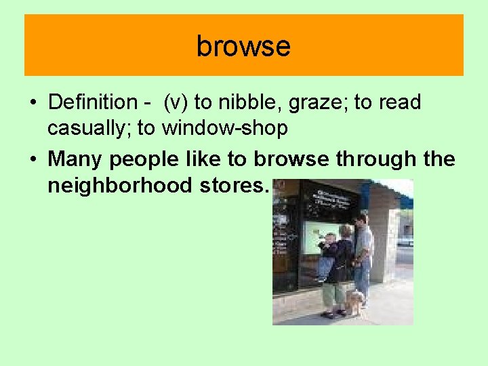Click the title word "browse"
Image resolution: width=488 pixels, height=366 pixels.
pos(243,46)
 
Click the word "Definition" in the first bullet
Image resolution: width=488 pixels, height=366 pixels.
pos(93,103)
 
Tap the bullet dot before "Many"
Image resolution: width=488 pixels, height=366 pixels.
pos(33,159)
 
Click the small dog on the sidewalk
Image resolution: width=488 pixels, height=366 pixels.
pos(354,300)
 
